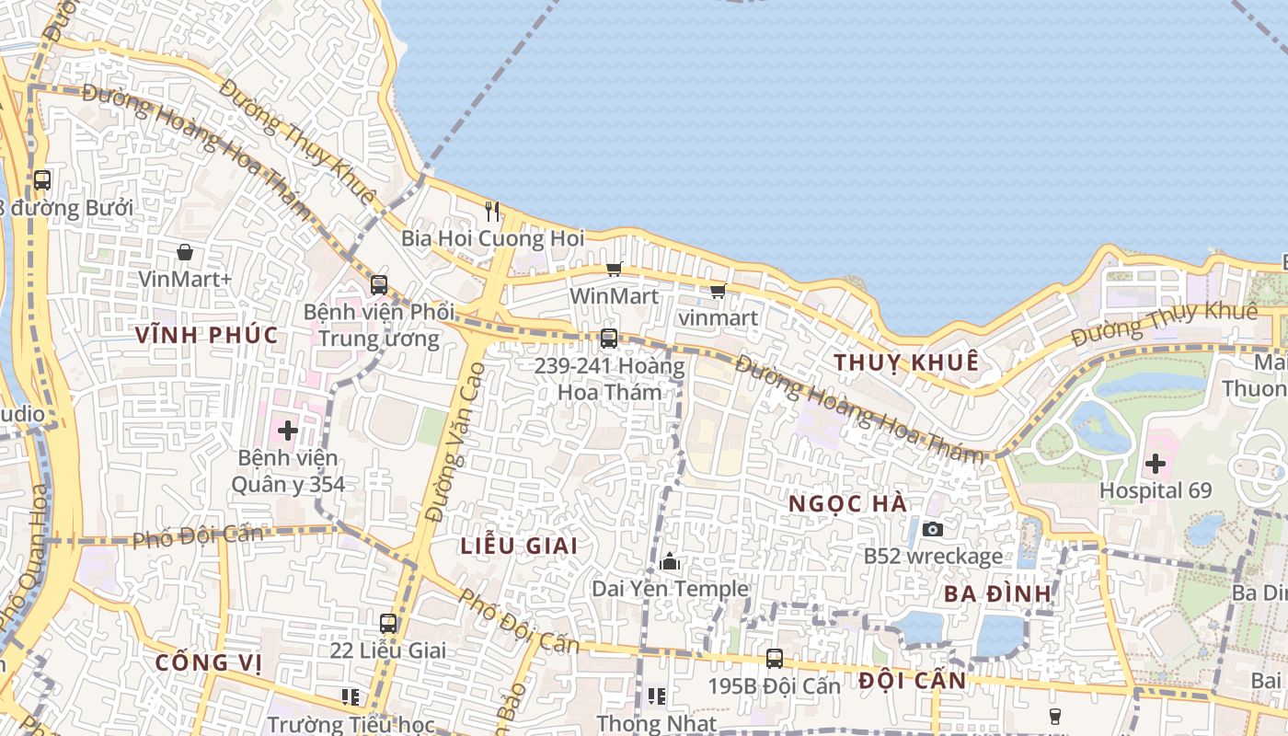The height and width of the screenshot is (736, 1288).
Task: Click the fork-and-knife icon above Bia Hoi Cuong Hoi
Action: [492, 212]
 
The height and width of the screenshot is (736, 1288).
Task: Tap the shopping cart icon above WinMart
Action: [614, 269]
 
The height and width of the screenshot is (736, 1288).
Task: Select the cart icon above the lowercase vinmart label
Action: [718, 291]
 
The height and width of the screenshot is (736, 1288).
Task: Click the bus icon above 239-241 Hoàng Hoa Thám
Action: [608, 338]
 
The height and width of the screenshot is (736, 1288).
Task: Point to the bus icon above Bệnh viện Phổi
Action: [378, 285]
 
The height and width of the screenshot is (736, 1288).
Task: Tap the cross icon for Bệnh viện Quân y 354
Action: [288, 430]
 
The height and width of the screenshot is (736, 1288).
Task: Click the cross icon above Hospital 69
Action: [1155, 463]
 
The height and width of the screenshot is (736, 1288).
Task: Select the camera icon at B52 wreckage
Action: [933, 529]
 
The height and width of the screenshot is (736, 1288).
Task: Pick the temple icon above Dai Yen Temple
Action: [670, 560]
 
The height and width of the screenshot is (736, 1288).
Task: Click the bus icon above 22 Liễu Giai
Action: [388, 623]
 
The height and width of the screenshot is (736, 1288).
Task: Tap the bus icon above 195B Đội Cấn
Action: [775, 659]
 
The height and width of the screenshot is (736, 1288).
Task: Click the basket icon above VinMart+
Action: [185, 251]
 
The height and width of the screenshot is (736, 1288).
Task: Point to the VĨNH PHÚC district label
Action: [206, 335]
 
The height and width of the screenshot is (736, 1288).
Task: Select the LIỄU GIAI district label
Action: [519, 546]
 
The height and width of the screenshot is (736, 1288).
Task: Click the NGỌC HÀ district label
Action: [848, 504]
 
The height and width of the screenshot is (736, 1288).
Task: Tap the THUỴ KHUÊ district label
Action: [906, 362]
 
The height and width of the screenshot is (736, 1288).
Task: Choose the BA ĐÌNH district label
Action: [997, 593]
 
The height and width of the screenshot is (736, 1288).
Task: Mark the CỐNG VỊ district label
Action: [208, 662]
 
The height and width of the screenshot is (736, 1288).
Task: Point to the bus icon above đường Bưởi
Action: [42, 180]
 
